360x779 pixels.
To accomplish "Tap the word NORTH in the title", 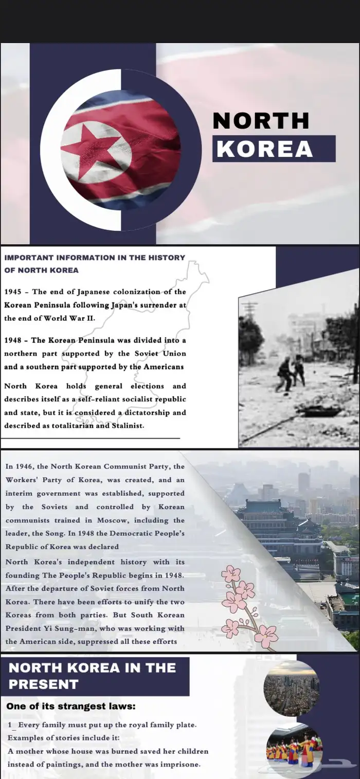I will [261, 121].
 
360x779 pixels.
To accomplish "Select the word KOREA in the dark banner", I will [264, 149].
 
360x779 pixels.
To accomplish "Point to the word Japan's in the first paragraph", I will [125, 305].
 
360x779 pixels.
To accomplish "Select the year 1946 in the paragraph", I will [24, 466].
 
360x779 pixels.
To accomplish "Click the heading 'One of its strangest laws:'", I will [71, 706].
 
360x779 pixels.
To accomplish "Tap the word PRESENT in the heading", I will [44, 684].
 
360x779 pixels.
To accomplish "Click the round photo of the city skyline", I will [292, 688].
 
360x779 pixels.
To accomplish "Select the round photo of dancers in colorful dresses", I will [294, 748].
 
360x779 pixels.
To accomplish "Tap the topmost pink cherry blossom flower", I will [231, 573].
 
